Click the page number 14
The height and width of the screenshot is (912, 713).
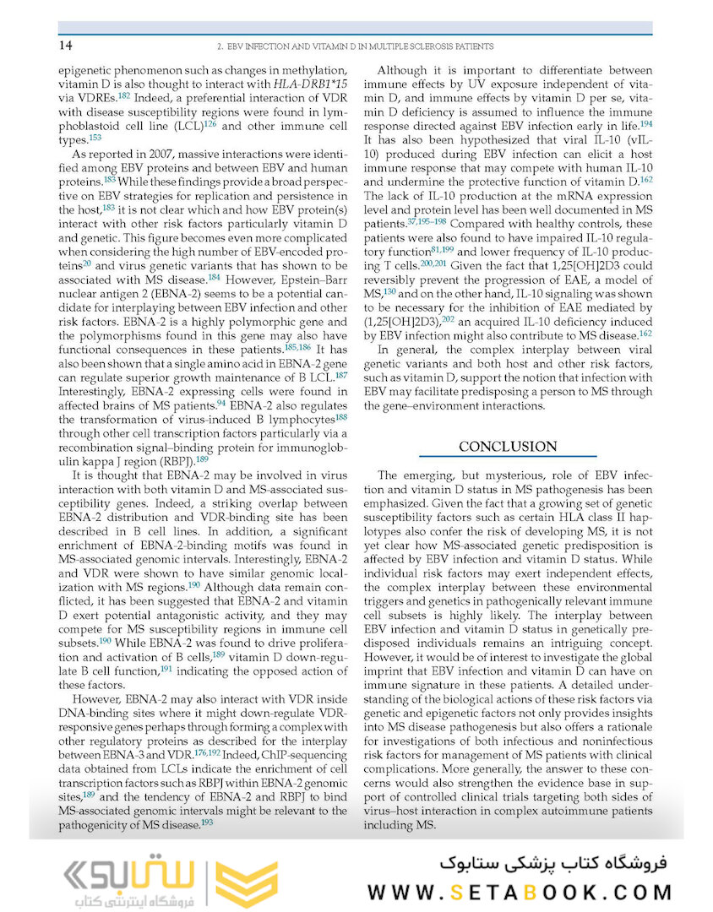tap(64, 45)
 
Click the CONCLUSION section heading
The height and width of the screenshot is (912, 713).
tap(508, 446)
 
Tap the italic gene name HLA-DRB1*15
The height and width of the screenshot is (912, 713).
tap(310, 85)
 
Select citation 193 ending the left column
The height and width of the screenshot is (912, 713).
tap(206, 822)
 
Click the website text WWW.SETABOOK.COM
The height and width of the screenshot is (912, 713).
tap(520, 892)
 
